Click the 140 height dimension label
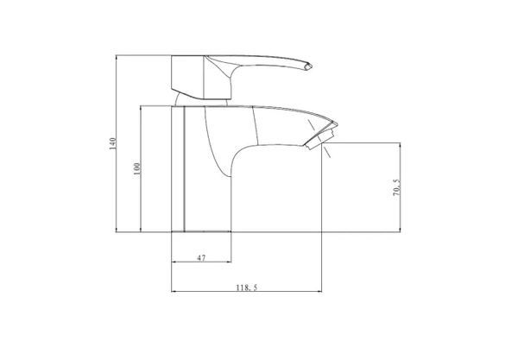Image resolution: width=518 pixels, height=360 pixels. coord(112,143)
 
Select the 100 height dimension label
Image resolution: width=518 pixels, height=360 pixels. coord(136,168)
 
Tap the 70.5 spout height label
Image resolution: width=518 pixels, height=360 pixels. coord(396,187)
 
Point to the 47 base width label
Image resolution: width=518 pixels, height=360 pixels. coord(201,257)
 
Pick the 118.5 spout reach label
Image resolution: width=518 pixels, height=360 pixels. coord(246,287)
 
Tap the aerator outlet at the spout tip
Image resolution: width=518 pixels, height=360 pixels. coord(319,138)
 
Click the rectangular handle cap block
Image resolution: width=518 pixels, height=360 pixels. coord(187,77)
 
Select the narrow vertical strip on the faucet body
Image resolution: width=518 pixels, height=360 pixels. coord(178,168)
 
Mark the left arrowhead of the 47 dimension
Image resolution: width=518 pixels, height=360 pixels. coord(174,262)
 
